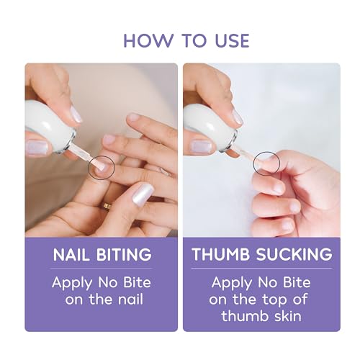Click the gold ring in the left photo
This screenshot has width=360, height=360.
106,206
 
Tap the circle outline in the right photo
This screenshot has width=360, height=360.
267,163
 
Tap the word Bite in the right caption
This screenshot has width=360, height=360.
296,282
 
